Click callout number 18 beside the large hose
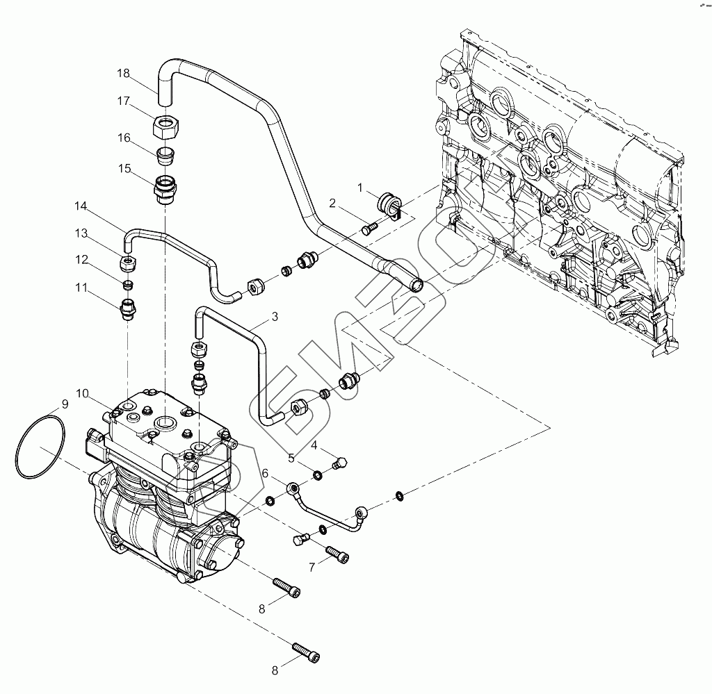[x=123, y=73]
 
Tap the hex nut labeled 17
[x=166, y=127]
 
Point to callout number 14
[x=81, y=206]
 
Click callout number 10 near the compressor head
[x=83, y=394]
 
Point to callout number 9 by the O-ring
[x=64, y=404]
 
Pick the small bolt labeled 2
[x=371, y=227]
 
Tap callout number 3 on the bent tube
[x=275, y=317]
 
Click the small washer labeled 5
[x=316, y=475]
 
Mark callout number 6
[x=265, y=474]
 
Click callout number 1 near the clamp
[x=361, y=187]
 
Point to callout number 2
[x=333, y=203]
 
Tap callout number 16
[x=123, y=138]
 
